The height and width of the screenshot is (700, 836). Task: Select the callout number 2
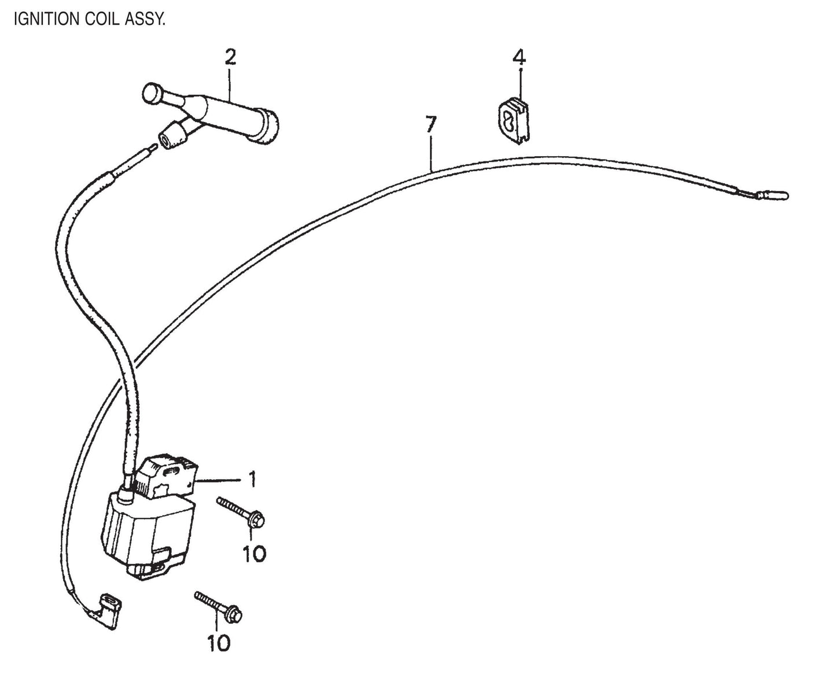[230, 57]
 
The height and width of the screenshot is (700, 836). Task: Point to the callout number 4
[519, 57]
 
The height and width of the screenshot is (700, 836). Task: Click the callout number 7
[431, 124]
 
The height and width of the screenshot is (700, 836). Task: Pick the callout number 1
[253, 480]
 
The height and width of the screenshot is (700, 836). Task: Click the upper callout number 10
[254, 554]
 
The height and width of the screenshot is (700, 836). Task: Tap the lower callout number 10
[220, 642]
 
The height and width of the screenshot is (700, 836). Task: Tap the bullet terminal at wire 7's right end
[778, 197]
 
